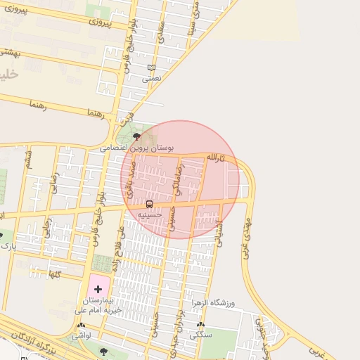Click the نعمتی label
[x=151, y=79]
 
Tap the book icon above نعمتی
[x=150, y=68]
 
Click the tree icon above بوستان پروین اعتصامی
[x=136, y=136]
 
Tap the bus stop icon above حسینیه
[x=149, y=204]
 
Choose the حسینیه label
[x=150, y=214]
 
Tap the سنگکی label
[x=202, y=335]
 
